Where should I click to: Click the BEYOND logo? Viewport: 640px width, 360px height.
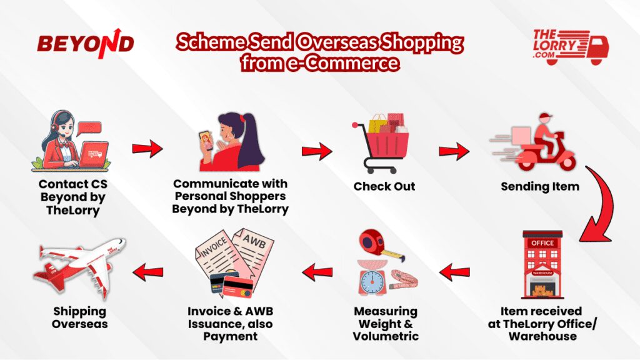pos(86,43)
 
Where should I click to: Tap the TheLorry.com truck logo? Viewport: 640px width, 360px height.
pos(571,47)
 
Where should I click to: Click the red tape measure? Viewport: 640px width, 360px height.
pos(377,244)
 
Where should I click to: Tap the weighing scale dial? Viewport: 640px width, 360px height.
pos(372,281)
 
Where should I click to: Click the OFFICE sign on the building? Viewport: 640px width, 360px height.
pos(542,243)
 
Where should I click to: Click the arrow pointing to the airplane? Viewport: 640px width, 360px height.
pos(147,272)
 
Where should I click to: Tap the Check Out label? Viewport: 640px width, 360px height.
pos(384,186)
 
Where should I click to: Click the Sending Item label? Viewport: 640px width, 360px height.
pos(540,186)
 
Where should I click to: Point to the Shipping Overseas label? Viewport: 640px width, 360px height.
pos(79,317)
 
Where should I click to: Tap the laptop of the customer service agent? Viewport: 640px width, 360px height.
pos(94,154)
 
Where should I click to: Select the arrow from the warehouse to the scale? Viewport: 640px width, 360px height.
pos(454,272)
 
